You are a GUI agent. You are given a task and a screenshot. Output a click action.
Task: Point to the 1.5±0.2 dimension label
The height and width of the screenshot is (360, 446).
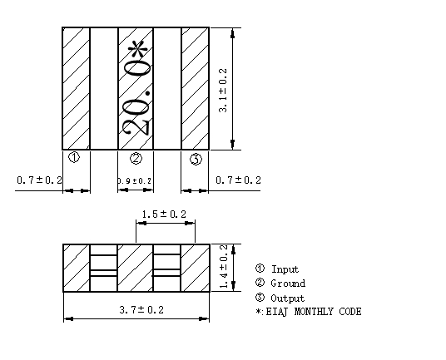click(x=165, y=214)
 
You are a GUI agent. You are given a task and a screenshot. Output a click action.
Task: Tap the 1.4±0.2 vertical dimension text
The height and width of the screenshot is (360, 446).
click(x=223, y=267)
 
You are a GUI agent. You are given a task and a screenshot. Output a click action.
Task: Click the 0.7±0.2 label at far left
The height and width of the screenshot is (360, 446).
click(x=38, y=180)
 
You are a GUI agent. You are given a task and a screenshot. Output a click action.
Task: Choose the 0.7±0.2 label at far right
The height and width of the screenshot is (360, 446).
click(x=238, y=180)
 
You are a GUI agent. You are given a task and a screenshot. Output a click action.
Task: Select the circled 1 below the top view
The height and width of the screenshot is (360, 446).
click(x=73, y=159)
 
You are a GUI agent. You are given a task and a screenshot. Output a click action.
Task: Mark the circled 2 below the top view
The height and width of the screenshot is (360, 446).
click(x=136, y=159)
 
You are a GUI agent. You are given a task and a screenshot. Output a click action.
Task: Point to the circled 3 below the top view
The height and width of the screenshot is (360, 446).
click(x=196, y=159)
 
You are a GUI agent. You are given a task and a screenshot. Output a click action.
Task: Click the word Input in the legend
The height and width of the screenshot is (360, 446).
click(x=285, y=269)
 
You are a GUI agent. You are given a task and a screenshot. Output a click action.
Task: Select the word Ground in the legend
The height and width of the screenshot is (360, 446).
click(x=288, y=284)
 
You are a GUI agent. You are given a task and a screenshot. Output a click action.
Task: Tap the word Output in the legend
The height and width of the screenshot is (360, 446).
click(x=287, y=298)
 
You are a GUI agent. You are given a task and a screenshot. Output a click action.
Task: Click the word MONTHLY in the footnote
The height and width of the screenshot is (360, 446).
click(x=312, y=312)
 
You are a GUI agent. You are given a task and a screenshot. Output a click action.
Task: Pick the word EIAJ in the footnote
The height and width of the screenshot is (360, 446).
click(x=274, y=312)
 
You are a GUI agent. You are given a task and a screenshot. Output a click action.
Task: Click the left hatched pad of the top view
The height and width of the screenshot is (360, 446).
click(x=77, y=88)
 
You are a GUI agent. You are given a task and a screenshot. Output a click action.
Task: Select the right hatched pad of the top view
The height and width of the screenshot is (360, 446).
click(x=195, y=88)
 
